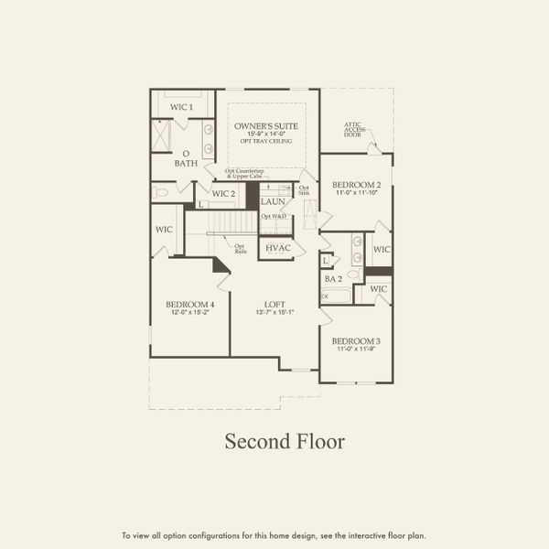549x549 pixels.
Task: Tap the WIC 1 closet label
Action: tap(182, 107)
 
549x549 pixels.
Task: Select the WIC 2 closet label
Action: tap(224, 193)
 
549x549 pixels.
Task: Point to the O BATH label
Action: tap(186, 158)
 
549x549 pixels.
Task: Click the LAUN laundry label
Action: tap(273, 201)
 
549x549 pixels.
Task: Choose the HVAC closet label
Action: tap(277, 248)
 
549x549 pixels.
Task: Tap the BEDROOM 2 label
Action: tap(356, 185)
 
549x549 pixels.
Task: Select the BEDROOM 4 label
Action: tap(190, 304)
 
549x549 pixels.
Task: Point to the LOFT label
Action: tap(274, 304)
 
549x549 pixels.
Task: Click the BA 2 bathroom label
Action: tap(333, 278)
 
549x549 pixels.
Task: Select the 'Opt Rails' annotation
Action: tap(240, 247)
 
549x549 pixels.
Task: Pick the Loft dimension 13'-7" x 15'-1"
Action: tap(274, 313)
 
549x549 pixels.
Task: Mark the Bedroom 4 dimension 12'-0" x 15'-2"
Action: tap(190, 313)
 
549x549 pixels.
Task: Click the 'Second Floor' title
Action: tap(285, 442)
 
